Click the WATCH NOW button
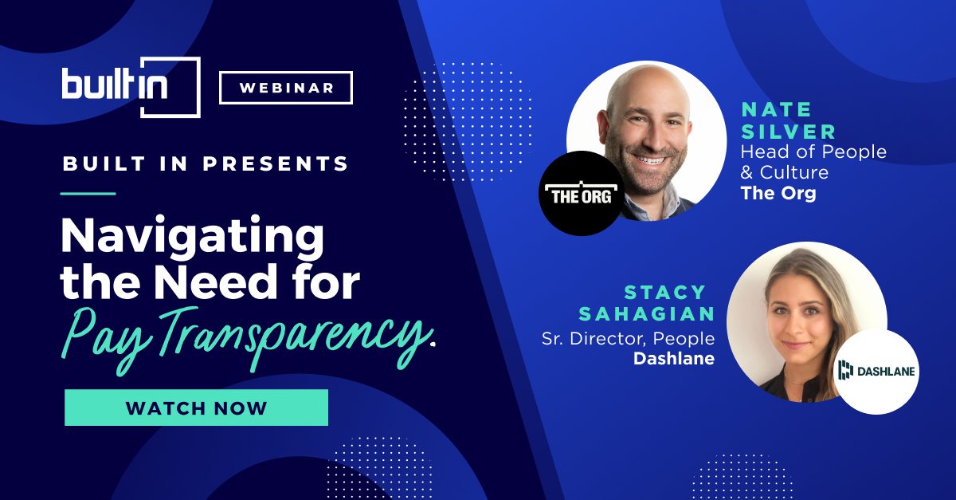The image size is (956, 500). pyautogui.click(x=196, y=407)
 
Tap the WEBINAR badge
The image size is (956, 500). pyautogui.click(x=286, y=88)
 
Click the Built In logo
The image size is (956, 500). pyautogui.click(x=131, y=87)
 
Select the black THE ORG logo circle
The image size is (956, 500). pyautogui.click(x=582, y=193)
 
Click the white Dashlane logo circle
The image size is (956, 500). pyautogui.click(x=876, y=372)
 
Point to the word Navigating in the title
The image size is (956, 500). pyautogui.click(x=193, y=236)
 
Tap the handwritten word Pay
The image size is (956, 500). pyautogui.click(x=106, y=340)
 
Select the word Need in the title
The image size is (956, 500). pyautogui.click(x=216, y=282)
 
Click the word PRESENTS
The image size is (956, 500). pyautogui.click(x=276, y=163)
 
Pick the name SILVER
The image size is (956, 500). pyautogui.click(x=788, y=132)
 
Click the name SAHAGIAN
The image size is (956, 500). pyautogui.click(x=647, y=314)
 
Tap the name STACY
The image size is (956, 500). pyautogui.click(x=664, y=293)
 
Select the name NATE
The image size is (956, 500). pyautogui.click(x=776, y=110)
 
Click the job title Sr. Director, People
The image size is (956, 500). pyautogui.click(x=628, y=338)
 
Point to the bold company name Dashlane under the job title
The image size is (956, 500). pyautogui.click(x=674, y=359)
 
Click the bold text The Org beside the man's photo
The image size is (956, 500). pyautogui.click(x=778, y=193)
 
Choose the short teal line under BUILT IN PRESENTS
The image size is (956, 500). pyautogui.click(x=88, y=194)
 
